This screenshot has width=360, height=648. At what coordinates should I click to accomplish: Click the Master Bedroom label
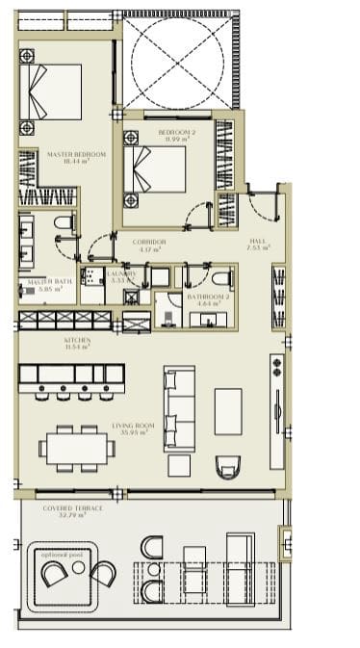[x=68, y=157]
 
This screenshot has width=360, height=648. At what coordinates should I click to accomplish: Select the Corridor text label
[x=148, y=246]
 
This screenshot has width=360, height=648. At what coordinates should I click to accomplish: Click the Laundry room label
[x=122, y=276]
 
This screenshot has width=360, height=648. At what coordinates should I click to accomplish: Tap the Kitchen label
[x=77, y=344]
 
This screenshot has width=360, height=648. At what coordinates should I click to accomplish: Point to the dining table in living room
[x=76, y=447]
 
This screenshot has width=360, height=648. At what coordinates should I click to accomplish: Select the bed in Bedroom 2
[x=157, y=170]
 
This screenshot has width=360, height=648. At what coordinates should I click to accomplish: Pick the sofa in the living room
[x=180, y=407]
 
